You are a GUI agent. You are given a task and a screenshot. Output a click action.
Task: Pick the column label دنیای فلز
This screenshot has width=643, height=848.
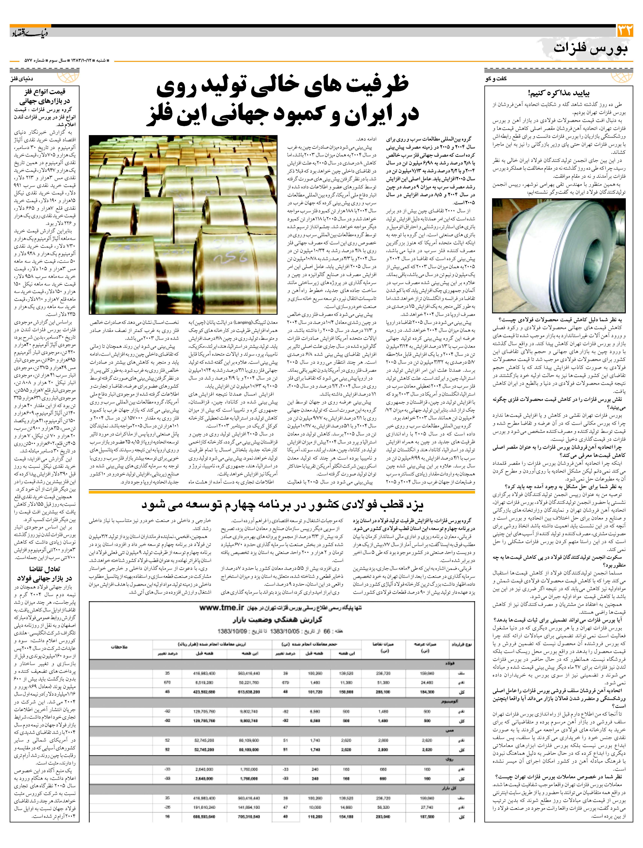[22, 79]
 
